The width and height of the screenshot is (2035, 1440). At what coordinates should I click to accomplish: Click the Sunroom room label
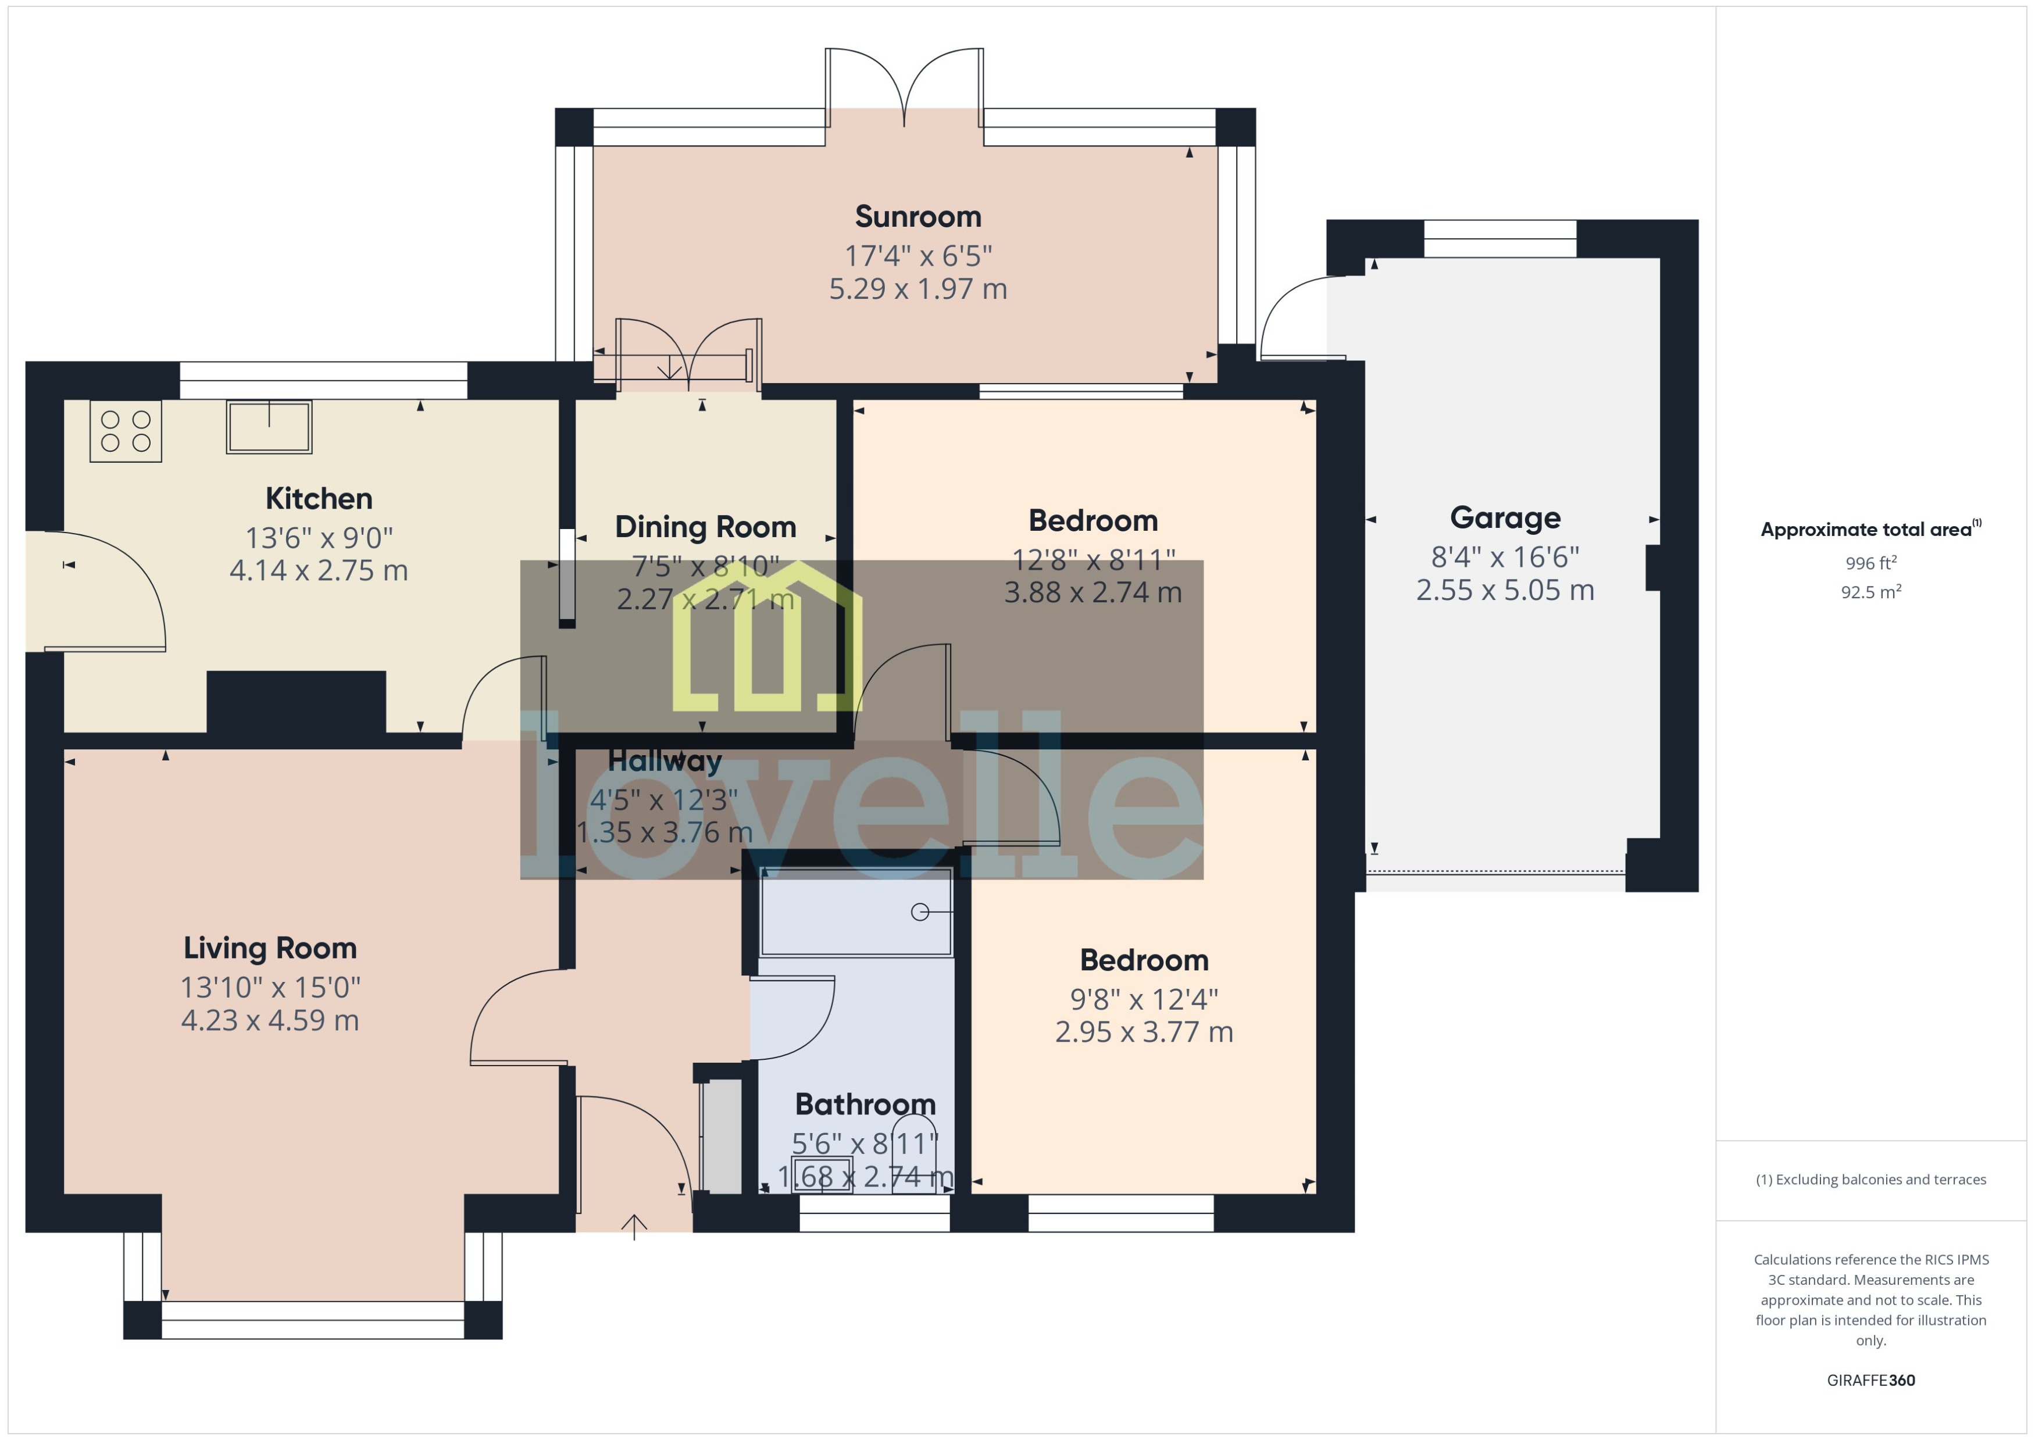(x=917, y=216)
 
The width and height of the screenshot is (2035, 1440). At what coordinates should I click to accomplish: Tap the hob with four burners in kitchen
(x=125, y=431)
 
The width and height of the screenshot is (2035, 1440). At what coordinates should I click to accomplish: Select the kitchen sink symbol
(x=269, y=427)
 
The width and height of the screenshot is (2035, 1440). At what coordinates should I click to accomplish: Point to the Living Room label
(x=270, y=948)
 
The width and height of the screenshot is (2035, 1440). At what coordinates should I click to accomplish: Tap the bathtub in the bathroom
(x=856, y=912)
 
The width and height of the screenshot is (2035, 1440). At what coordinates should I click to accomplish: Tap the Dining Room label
(x=705, y=527)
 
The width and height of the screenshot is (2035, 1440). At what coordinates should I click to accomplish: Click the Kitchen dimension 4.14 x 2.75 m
(x=318, y=570)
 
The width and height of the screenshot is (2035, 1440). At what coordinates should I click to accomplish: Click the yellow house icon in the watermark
(x=767, y=638)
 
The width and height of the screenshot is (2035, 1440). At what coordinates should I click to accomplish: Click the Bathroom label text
(x=865, y=1104)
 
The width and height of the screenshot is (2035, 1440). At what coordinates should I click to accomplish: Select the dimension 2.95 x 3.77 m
(x=1143, y=1032)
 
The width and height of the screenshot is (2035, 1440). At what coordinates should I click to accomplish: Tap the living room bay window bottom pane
(x=312, y=1320)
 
